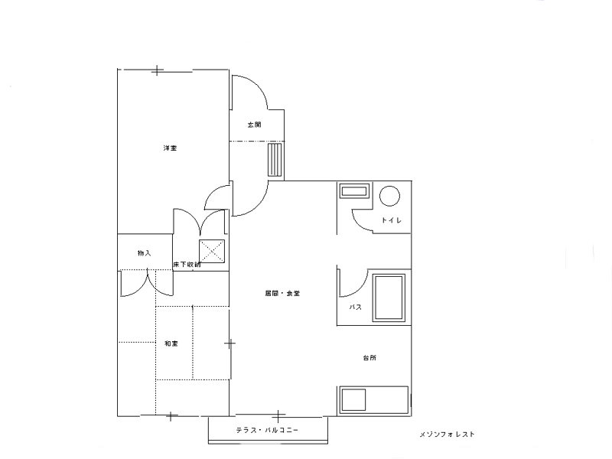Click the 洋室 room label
(170, 148)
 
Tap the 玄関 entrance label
(255, 125)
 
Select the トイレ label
(391, 220)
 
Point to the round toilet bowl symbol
(390, 196)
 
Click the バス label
(355, 308)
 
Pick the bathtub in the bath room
(389, 298)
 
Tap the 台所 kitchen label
(369, 357)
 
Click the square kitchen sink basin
(353, 399)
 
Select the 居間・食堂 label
(282, 294)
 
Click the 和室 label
(171, 343)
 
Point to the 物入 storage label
(145, 253)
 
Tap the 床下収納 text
(187, 265)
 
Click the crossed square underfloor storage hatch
(212, 251)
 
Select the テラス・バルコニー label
(267, 430)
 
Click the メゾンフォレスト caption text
(448, 434)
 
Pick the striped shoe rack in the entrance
(275, 160)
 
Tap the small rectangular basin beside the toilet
(354, 192)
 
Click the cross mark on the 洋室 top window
(157, 70)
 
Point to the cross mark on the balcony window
(278, 416)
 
